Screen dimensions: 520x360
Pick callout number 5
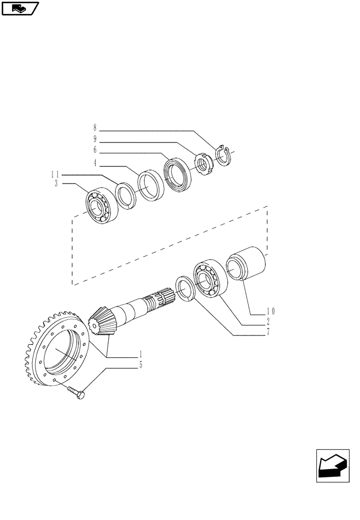pyautogui.click(x=140, y=366)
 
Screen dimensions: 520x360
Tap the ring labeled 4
pyautogui.click(x=151, y=184)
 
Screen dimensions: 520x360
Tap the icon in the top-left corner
pyautogui.click(x=20, y=8)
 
